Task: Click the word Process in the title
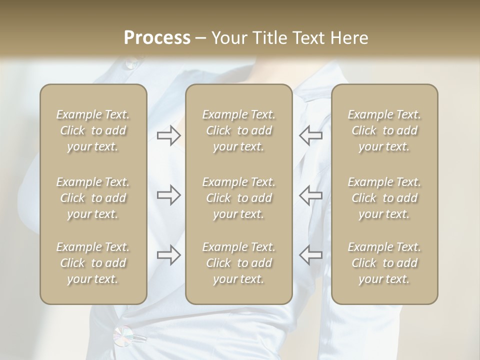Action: [x=157, y=38]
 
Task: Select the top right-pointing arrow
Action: [x=169, y=135]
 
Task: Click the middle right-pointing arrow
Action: [x=169, y=195]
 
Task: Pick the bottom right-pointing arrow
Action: [x=169, y=255]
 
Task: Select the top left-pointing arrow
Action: [x=310, y=135]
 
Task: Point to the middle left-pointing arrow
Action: [x=310, y=195]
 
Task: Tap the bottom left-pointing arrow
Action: [x=310, y=255]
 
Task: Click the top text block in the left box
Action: [x=93, y=130]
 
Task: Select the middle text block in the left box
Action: [x=93, y=198]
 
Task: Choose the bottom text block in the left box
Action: [x=93, y=263]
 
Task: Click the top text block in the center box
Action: [x=238, y=130]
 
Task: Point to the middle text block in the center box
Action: [x=238, y=198]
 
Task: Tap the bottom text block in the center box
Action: [x=238, y=263]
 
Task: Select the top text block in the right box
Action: [x=384, y=130]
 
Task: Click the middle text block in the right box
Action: [x=384, y=198]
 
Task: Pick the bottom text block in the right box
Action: [x=384, y=263]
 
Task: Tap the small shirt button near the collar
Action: [x=131, y=63]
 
